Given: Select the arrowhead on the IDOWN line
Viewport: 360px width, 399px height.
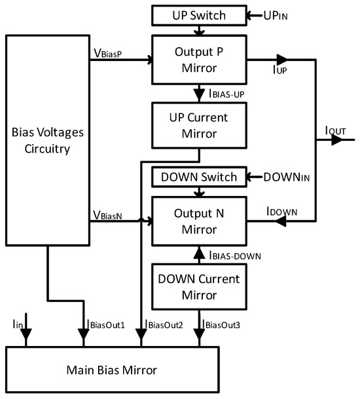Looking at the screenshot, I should pyautogui.click(x=283, y=222).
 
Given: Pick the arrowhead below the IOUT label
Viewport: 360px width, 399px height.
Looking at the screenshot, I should pyautogui.click(x=338, y=140).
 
